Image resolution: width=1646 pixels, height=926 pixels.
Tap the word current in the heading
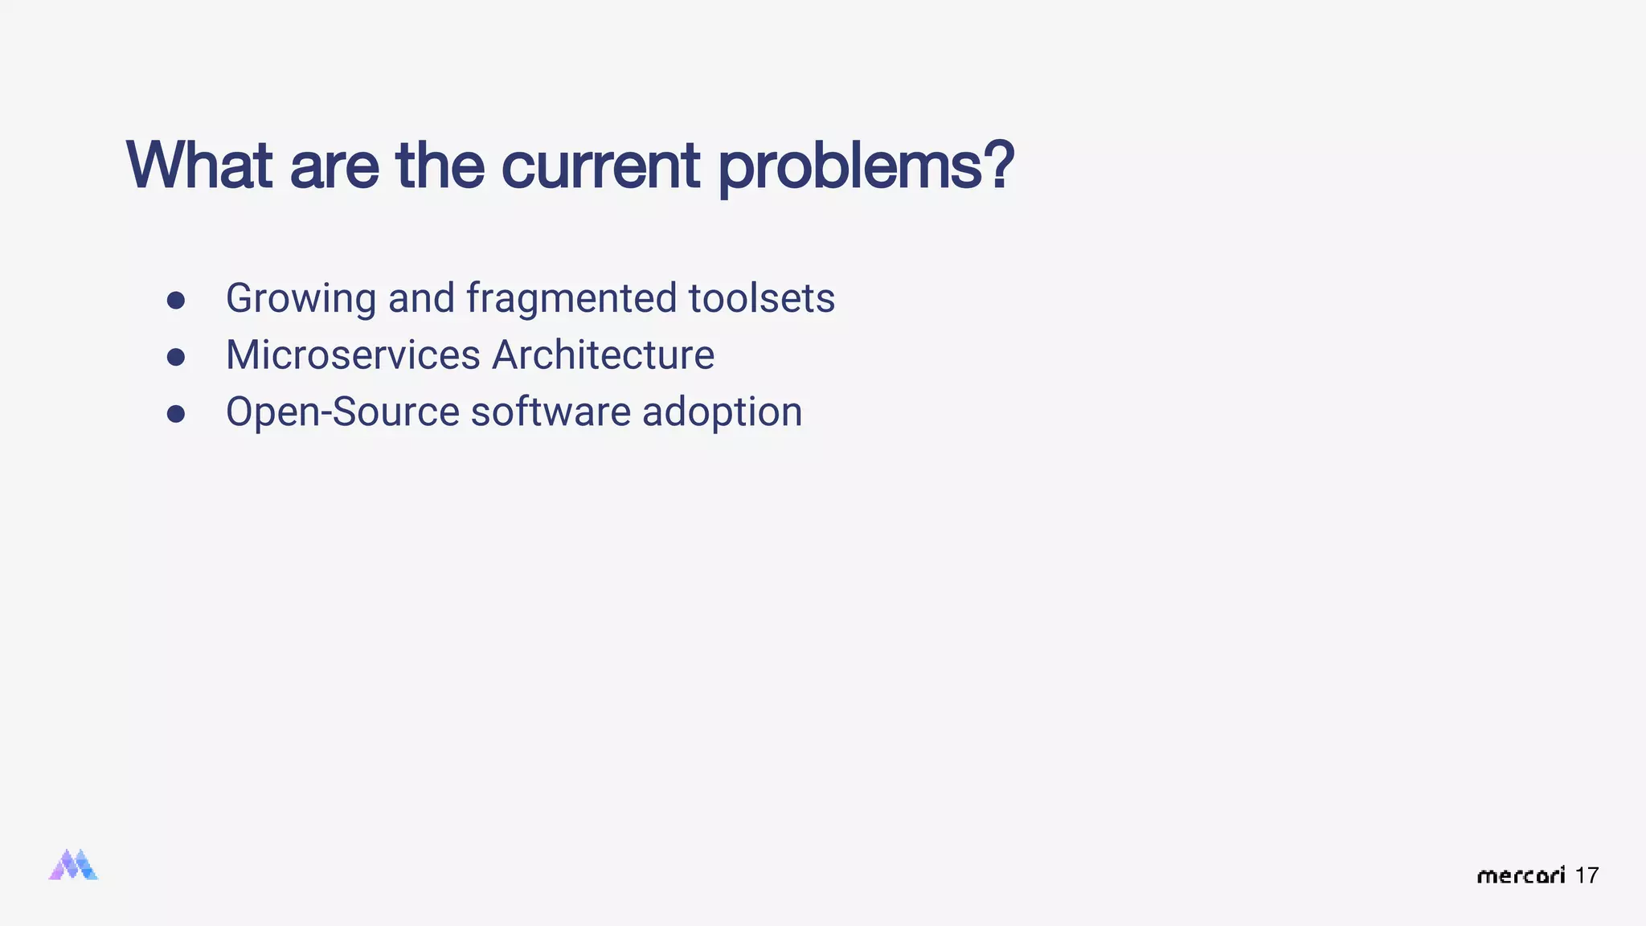(600, 166)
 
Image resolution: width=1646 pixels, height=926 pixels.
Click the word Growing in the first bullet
(301, 299)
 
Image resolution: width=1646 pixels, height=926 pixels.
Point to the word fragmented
(571, 299)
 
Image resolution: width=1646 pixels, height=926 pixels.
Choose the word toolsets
(761, 299)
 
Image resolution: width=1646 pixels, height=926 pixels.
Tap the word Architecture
(603, 355)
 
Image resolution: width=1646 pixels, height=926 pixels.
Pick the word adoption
(722, 412)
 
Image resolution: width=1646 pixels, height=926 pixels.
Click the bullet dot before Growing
(176, 301)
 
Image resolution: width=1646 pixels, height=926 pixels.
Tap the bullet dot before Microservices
(176, 357)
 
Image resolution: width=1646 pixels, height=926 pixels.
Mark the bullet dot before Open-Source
(176, 414)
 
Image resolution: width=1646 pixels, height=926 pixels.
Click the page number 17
(1587, 875)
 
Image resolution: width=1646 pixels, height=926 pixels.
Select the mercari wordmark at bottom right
(1521, 875)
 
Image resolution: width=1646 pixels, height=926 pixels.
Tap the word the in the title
(440, 166)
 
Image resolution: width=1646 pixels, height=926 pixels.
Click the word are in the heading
(334, 166)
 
